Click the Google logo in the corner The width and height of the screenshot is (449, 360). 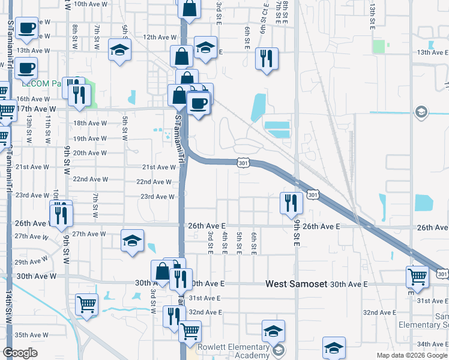[x=20, y=353]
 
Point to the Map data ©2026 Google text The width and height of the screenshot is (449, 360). [x=411, y=355]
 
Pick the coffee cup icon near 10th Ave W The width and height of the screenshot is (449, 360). [x=26, y=28]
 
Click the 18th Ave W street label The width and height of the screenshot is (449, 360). [x=90, y=123]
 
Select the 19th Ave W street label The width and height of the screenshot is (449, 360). [x=90, y=139]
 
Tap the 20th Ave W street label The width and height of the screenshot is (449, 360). [x=90, y=153]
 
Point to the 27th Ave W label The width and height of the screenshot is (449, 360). [x=89, y=234]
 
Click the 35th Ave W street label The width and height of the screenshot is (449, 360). [x=31, y=335]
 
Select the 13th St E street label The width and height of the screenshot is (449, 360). [x=373, y=10]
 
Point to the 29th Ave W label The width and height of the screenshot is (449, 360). [x=31, y=262]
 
